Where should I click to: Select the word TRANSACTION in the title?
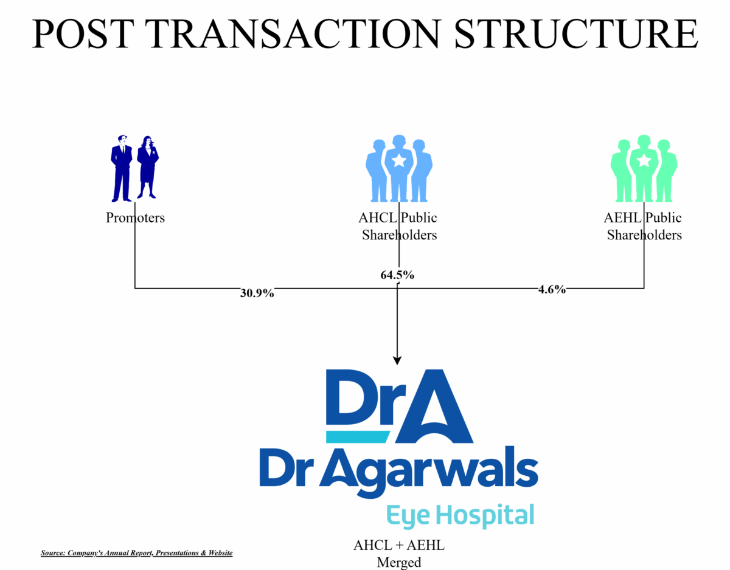tap(293, 34)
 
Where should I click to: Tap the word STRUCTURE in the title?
tap(576, 34)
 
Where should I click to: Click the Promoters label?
tap(135, 218)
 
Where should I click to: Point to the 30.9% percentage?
tap(257, 294)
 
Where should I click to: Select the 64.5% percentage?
tap(397, 275)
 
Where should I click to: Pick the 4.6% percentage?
tap(552, 289)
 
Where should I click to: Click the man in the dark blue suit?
tap(121, 168)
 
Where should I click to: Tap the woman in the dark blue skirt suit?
tap(147, 167)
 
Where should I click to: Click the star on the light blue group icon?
tap(398, 160)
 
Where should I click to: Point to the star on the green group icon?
tap(644, 160)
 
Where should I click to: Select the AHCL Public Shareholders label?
tap(398, 227)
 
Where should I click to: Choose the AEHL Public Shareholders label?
tap(642, 227)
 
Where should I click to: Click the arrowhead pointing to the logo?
tap(397, 360)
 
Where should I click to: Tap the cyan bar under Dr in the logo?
tap(358, 437)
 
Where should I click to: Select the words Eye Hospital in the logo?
tap(461, 516)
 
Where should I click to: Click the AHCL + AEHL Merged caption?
tap(398, 554)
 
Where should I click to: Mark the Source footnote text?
tap(136, 553)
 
